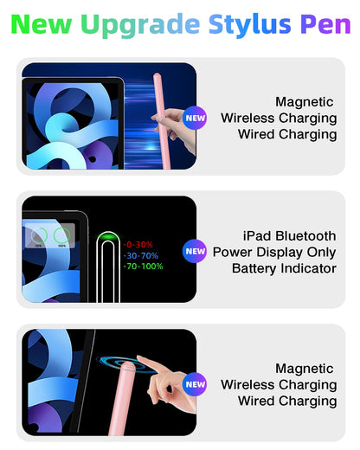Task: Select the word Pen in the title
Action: click(x=325, y=23)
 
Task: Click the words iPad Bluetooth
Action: click(x=290, y=235)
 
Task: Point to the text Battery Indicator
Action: click(x=285, y=268)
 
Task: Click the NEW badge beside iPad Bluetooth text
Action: click(x=196, y=252)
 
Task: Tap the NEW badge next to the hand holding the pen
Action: click(x=196, y=118)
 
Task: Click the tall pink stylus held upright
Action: click(x=162, y=95)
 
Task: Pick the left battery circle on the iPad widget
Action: click(x=39, y=235)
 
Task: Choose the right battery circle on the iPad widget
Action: click(x=61, y=235)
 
